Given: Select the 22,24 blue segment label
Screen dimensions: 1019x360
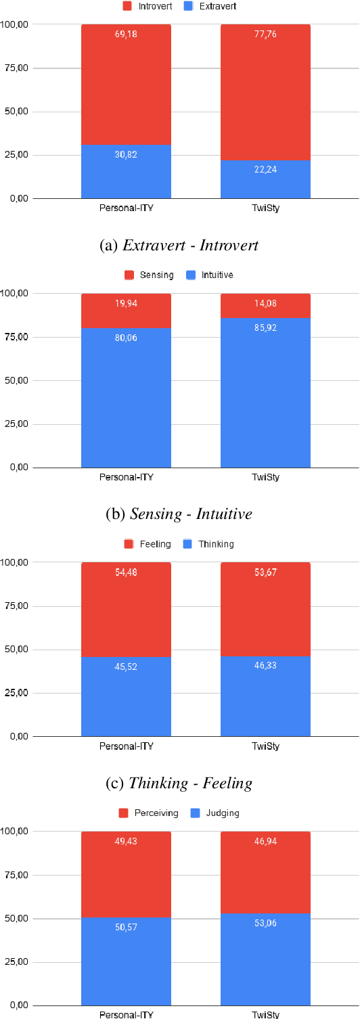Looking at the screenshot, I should point(265,169).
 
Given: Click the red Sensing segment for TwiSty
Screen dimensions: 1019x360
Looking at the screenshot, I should point(265,305).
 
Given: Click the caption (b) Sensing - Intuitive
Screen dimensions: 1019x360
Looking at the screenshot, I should point(179,514).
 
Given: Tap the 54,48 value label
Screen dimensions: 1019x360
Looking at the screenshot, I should point(126,572).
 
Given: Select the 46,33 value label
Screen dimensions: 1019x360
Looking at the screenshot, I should point(265,666).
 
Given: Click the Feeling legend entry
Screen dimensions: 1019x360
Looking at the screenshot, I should point(149,544).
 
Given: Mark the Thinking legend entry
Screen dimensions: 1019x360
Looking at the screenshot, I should point(209,544).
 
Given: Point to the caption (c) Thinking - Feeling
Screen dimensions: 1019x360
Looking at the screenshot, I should point(179,783).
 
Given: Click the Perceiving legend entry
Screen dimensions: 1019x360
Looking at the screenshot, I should point(150,813).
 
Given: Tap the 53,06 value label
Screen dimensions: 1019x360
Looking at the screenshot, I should point(265,923).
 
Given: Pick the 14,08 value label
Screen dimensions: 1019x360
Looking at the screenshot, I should point(265,303).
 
